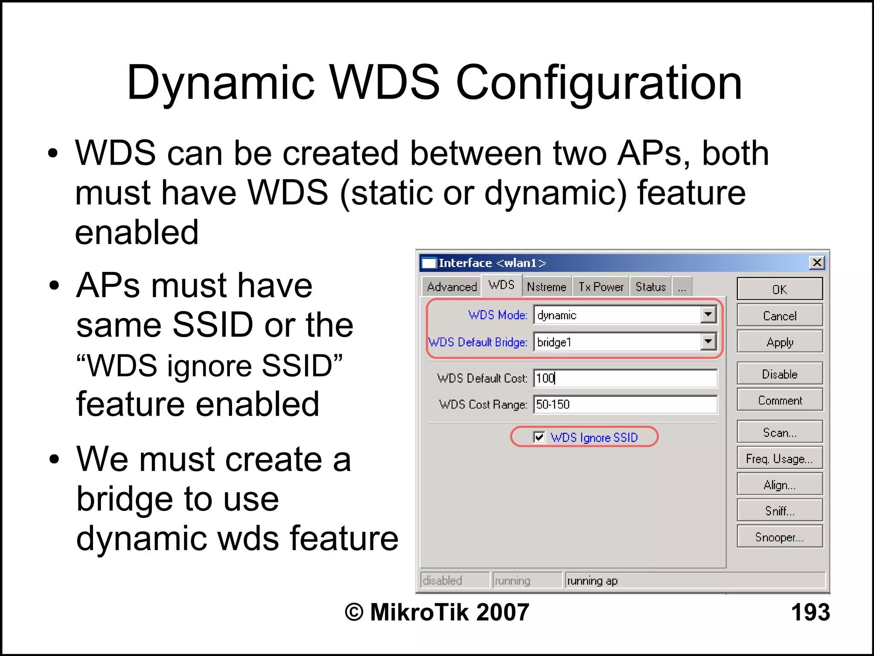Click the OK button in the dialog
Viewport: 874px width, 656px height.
pyautogui.click(x=779, y=289)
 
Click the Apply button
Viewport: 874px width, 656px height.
pyautogui.click(x=779, y=342)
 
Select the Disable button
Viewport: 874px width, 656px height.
pyautogui.click(x=779, y=374)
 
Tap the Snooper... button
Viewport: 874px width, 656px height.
pyautogui.click(x=779, y=537)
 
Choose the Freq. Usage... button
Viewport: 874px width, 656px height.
pyautogui.click(x=779, y=458)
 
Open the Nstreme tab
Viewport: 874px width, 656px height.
pyautogui.click(x=546, y=287)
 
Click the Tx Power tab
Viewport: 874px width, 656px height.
pyautogui.click(x=600, y=287)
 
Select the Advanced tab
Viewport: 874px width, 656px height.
pyautogui.click(x=452, y=287)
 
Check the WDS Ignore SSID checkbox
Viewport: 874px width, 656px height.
pyautogui.click(x=539, y=437)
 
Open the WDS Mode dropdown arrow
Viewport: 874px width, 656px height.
pyautogui.click(x=708, y=315)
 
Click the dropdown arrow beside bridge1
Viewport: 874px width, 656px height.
pyautogui.click(x=708, y=341)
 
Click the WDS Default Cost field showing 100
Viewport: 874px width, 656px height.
pyautogui.click(x=625, y=378)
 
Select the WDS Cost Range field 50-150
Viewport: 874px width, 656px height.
pyautogui.click(x=625, y=404)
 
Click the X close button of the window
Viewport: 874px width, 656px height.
pyautogui.click(x=816, y=262)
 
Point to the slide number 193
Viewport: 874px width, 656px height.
pyautogui.click(x=810, y=612)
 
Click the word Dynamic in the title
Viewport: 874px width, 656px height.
pyautogui.click(x=220, y=83)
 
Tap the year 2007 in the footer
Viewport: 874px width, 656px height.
pyautogui.click(x=502, y=612)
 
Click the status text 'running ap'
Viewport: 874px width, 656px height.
pyautogui.click(x=592, y=581)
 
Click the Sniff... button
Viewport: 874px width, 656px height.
pyautogui.click(x=779, y=511)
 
